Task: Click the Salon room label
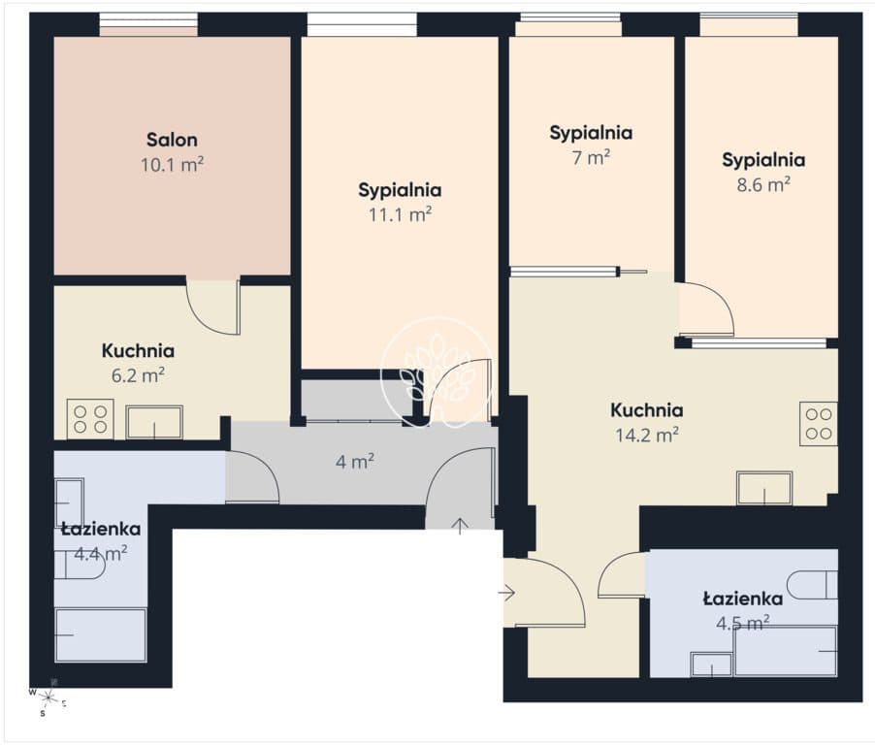pos(172,140)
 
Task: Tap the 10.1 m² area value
pos(172,165)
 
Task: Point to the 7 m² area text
pos(591,158)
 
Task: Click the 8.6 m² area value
pos(763,184)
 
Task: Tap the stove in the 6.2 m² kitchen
pos(90,419)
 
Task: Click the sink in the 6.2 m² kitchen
pos(154,422)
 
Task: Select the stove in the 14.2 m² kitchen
pos(819,424)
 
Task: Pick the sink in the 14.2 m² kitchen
pos(764,488)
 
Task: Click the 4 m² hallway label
pos(355,462)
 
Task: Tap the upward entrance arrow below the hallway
pos(460,526)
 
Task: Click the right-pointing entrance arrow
pos(506,592)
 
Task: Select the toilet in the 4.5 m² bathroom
pos(813,585)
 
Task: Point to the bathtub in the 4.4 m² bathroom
pos(101,635)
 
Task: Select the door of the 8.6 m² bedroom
pos(706,309)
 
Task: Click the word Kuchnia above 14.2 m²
pos(647,410)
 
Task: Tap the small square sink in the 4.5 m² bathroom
pos(711,664)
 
